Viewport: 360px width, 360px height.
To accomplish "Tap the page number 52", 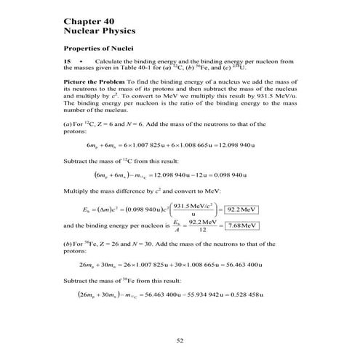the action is click(180, 340).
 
